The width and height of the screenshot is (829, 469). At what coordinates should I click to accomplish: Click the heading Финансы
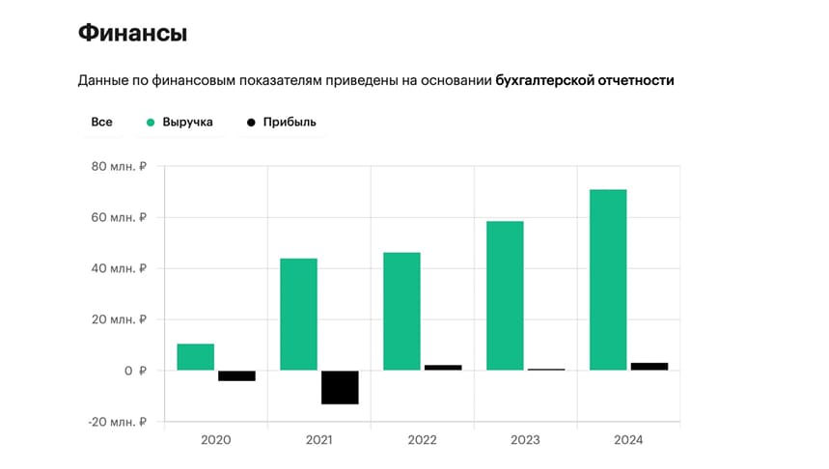click(132, 34)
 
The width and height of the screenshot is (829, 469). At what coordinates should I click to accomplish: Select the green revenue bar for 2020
click(196, 357)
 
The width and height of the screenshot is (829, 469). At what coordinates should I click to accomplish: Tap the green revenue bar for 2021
click(298, 314)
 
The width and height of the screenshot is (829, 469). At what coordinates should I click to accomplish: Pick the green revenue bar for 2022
click(401, 311)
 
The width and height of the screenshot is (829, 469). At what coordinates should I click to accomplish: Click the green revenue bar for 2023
click(505, 295)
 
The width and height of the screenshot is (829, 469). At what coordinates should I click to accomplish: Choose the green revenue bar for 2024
click(608, 280)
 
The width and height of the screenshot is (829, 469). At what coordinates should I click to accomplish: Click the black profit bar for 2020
click(236, 375)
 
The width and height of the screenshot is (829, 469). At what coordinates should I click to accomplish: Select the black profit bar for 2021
click(340, 387)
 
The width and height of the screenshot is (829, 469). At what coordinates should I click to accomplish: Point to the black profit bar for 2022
click(443, 368)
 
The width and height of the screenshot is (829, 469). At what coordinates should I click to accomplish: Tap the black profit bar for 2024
click(649, 367)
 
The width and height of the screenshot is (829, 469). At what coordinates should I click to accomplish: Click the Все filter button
click(101, 123)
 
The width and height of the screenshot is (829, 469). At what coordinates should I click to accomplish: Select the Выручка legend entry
click(180, 123)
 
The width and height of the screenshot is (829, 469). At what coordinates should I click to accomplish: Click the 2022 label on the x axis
click(422, 440)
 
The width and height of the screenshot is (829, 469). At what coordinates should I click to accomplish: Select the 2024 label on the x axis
click(627, 440)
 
